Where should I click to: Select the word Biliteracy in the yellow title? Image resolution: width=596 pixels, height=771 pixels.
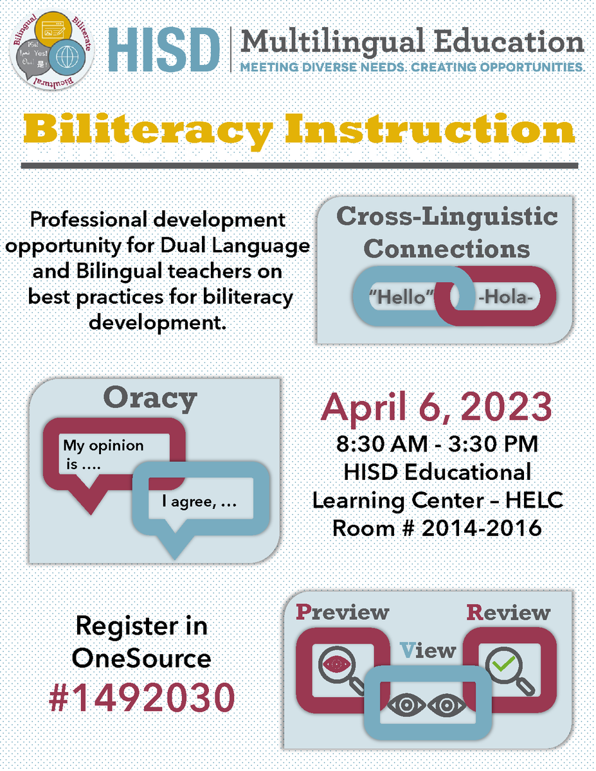pyautogui.click(x=147, y=131)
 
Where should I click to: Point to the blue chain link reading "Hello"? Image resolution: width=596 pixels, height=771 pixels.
pyautogui.click(x=399, y=299)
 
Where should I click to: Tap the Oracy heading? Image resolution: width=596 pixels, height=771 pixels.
pyautogui.click(x=149, y=399)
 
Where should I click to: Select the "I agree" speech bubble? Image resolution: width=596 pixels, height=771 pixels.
pyautogui.click(x=203, y=501)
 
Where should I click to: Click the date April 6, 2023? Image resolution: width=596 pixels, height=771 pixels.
pyautogui.click(x=437, y=407)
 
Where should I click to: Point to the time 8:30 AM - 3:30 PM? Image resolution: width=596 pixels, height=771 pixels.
pyautogui.click(x=437, y=444)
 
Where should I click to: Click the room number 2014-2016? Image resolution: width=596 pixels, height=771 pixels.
pyautogui.click(x=437, y=528)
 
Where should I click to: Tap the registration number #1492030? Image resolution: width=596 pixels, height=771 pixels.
pyautogui.click(x=142, y=697)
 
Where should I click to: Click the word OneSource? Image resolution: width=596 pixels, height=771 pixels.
pyautogui.click(x=142, y=658)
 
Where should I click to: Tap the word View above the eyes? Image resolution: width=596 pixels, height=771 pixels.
pyautogui.click(x=428, y=650)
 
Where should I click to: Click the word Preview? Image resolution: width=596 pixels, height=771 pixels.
pyautogui.click(x=342, y=612)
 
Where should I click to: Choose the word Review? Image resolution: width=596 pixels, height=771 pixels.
pyautogui.click(x=508, y=612)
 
